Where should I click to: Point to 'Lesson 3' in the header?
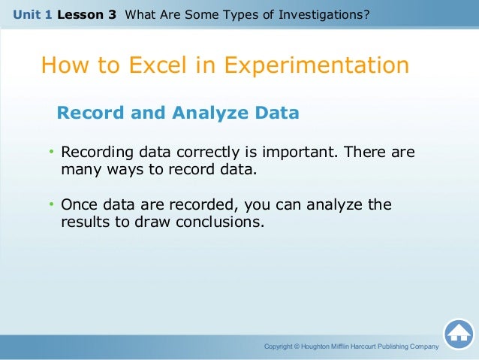point(92,13)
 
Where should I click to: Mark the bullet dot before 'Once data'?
point(53,205)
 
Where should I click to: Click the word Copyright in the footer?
point(278,346)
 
